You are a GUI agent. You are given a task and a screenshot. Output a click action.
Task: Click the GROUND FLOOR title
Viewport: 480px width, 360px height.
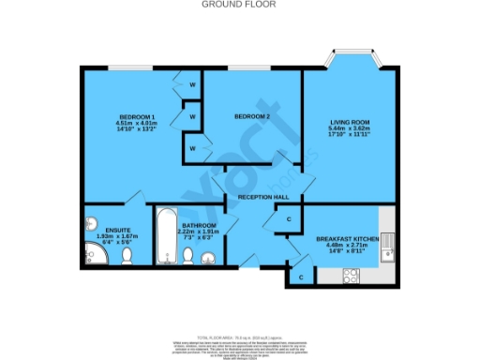240,5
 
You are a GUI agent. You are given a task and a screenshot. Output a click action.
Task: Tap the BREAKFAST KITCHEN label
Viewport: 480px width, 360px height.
346,239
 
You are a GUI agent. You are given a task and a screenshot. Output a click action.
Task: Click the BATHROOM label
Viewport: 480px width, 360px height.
199,226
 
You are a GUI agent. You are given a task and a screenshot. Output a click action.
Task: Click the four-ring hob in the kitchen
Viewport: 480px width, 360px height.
352,275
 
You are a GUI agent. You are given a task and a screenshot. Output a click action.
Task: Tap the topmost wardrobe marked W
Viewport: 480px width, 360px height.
192,85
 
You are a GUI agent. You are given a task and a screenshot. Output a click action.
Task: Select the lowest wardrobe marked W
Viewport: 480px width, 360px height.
192,148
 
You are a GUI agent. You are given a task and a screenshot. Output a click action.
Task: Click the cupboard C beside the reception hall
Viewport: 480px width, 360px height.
289,219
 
